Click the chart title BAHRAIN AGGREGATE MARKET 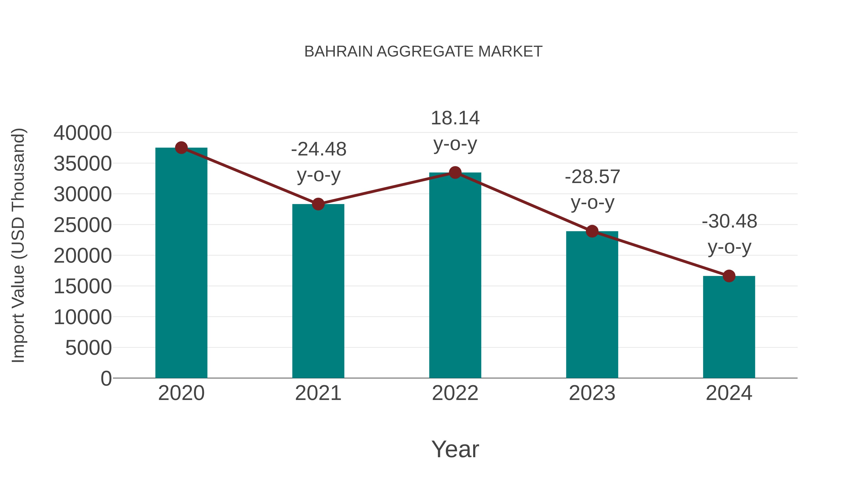click(x=423, y=52)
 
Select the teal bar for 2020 click(x=181, y=263)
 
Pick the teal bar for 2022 click(x=455, y=275)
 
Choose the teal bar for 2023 click(x=592, y=305)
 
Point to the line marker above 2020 click(x=181, y=148)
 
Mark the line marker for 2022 click(x=455, y=172)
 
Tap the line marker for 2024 click(x=729, y=276)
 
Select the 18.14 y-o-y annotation click(x=455, y=131)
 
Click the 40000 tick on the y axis click(x=83, y=133)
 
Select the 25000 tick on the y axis click(x=83, y=225)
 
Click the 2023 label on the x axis click(x=592, y=393)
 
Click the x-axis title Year click(x=455, y=449)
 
